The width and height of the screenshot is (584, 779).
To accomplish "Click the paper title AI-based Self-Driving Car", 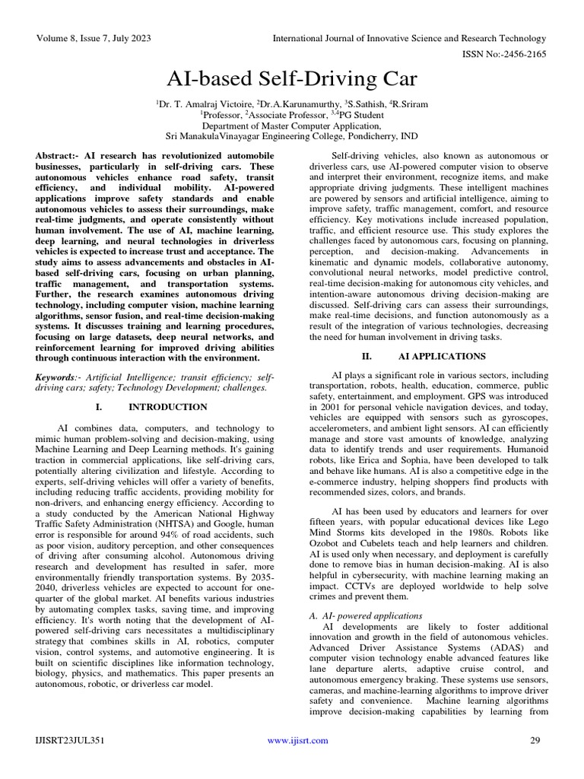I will (x=291, y=79).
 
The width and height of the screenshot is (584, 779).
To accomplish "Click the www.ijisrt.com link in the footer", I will (x=297, y=740).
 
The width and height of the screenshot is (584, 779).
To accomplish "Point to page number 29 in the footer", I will (x=534, y=740).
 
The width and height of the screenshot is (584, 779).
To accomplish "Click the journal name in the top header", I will (x=410, y=38).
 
